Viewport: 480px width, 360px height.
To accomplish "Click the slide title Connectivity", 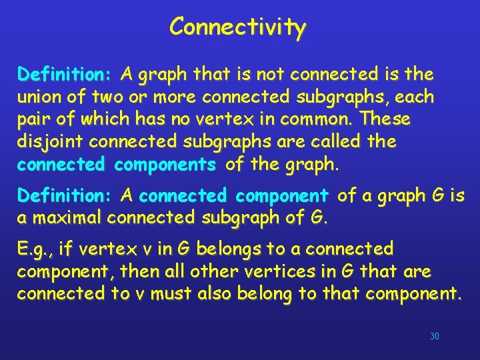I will click(237, 27).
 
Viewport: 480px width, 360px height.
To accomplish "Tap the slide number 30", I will click(435, 337).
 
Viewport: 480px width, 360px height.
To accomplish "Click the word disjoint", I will click(50, 142).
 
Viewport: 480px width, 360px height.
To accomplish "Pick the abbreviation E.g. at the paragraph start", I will click(35, 250).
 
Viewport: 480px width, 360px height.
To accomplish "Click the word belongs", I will click(226, 250).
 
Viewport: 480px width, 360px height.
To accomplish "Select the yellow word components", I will click(164, 164).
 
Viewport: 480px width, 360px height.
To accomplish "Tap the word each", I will click(415, 97).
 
